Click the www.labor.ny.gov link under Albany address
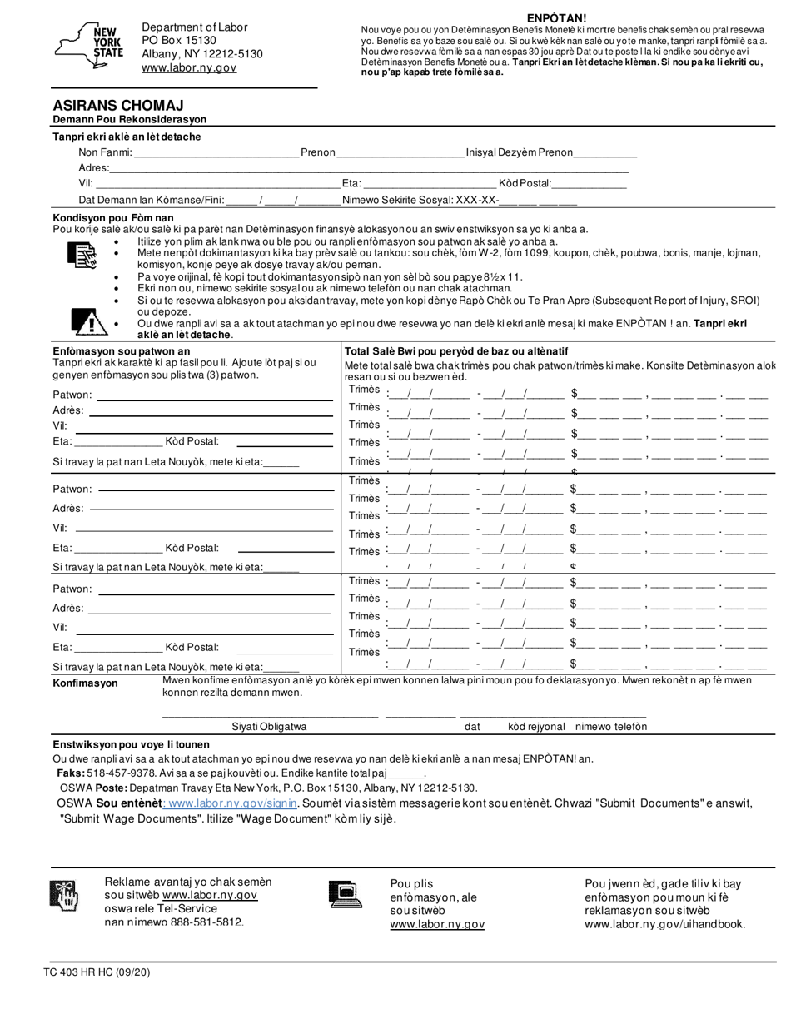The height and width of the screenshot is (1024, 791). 189,67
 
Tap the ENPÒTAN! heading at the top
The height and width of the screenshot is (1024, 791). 556,18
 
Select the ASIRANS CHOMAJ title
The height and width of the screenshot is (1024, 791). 118,106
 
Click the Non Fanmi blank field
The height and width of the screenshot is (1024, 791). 216,152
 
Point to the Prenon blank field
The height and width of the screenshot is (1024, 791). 400,152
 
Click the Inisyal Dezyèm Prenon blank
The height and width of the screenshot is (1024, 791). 605,152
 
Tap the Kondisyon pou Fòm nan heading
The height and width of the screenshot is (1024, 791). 113,218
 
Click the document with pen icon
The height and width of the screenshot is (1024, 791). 82,256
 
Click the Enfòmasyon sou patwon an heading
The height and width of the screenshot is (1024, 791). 121,351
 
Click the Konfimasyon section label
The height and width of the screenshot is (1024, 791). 86,683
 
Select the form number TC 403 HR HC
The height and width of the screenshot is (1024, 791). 97,972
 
